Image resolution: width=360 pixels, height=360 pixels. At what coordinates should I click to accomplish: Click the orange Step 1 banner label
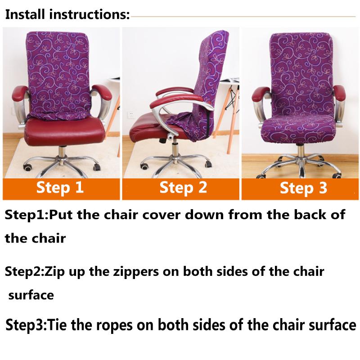pyautogui.click(x=60, y=187)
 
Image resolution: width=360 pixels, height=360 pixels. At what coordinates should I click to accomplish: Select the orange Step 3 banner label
pyautogui.click(x=303, y=188)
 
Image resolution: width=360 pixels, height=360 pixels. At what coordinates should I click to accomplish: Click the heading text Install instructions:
pyautogui.click(x=67, y=15)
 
